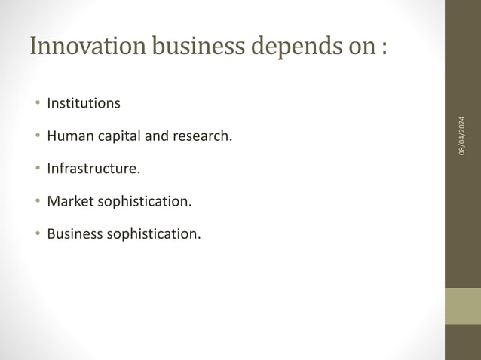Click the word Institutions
pos(83,103)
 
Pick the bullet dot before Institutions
pos(36,103)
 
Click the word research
pos(204,136)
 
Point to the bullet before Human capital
pos(36,136)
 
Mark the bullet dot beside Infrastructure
pos(36,169)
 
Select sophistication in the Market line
pos(144,202)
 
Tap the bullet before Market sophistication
pos(36,201)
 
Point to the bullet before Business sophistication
pos(36,233)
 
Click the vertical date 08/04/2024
pos(462,136)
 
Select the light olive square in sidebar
pos(462,306)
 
